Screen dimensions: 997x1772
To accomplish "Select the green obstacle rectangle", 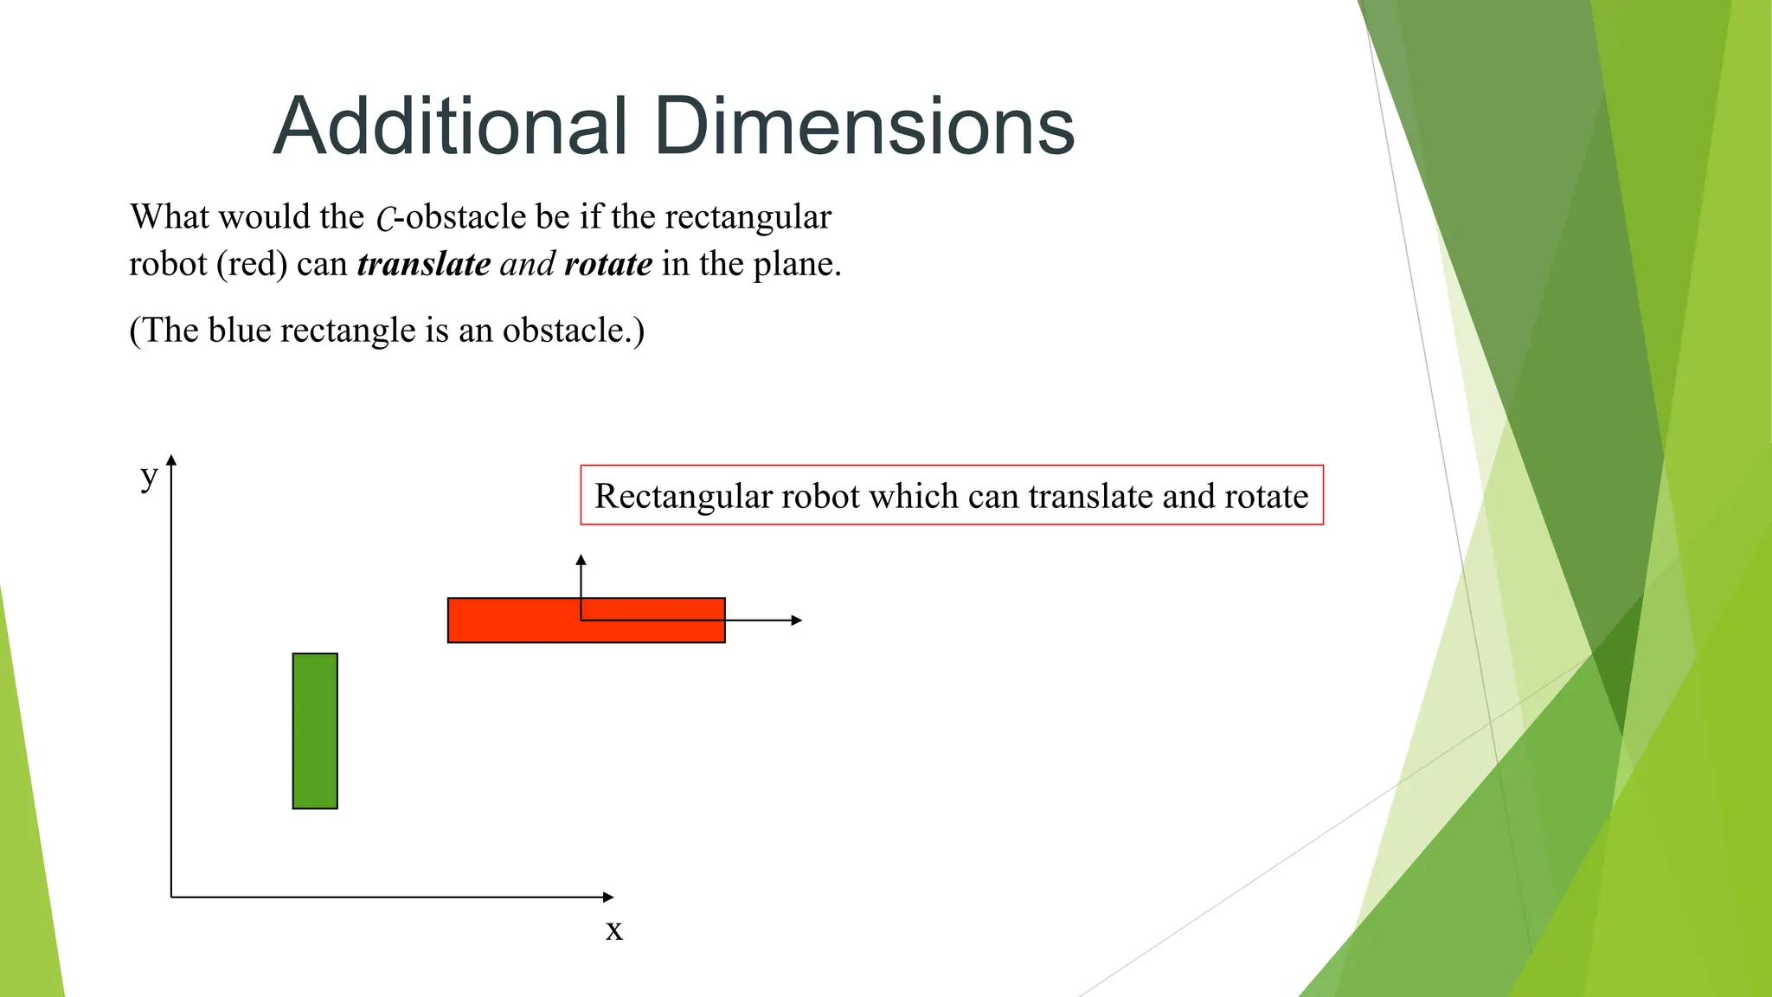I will [315, 731].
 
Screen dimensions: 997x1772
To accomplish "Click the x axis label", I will [614, 930].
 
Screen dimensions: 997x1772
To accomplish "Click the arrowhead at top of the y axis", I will [171, 460].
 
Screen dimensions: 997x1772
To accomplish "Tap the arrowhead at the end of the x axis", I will [608, 897].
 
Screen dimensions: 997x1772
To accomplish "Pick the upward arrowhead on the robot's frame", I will [581, 560].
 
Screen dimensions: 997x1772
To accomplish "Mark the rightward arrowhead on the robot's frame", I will [797, 620].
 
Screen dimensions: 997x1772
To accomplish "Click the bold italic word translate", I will [424, 264].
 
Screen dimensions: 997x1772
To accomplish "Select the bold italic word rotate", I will [608, 264].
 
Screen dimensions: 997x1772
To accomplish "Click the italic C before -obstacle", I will [386, 219].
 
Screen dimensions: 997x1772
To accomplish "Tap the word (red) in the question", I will [252, 264].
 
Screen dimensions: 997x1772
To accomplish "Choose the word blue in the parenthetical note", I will [239, 331].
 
